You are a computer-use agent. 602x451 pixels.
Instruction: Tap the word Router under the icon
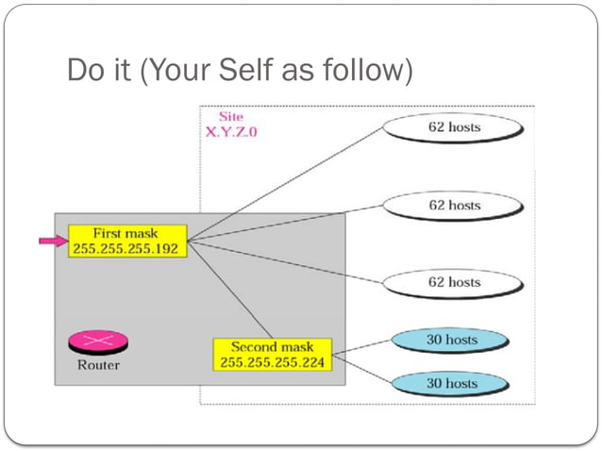click(x=97, y=363)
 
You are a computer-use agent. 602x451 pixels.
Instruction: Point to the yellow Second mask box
click(x=273, y=354)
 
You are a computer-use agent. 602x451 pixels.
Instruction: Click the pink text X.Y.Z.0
click(x=231, y=132)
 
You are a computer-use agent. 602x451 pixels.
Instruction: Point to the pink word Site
click(x=231, y=116)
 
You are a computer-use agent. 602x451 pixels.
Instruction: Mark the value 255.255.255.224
click(x=273, y=362)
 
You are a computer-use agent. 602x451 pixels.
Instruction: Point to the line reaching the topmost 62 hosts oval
click(x=283, y=184)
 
